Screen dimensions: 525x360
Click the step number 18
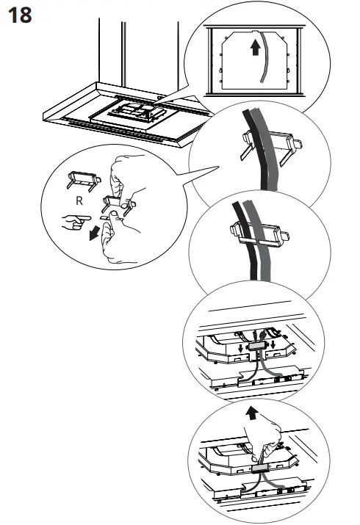[x=19, y=15]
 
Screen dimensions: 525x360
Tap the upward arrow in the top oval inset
[x=253, y=49]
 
